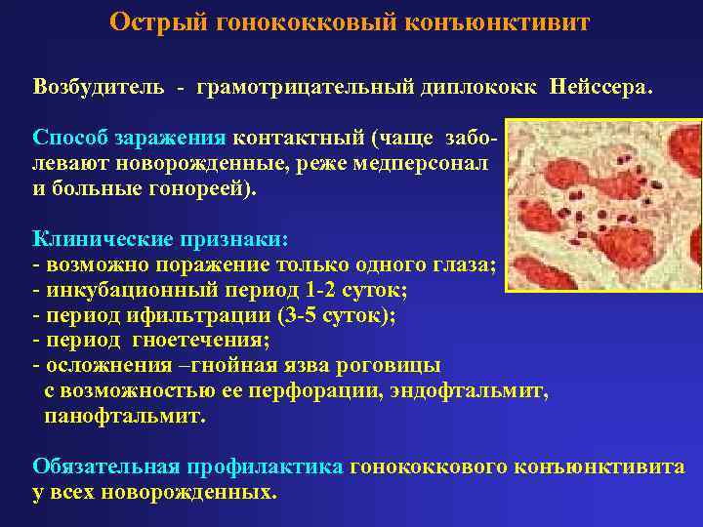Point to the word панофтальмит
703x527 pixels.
pyautogui.click(x=125, y=417)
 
